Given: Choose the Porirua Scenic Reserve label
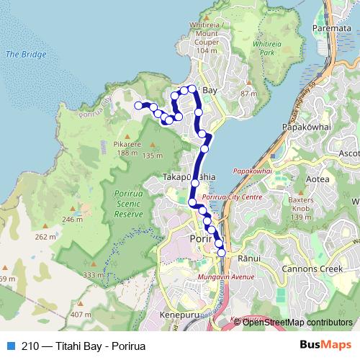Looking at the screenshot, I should [x=130, y=204].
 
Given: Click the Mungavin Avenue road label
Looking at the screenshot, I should [x=229, y=275].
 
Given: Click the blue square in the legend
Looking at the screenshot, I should [x=9, y=344].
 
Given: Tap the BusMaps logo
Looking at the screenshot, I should [x=326, y=344].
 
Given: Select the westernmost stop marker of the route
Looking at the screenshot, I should [x=139, y=106].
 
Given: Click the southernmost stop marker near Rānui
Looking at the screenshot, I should [x=221, y=253].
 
